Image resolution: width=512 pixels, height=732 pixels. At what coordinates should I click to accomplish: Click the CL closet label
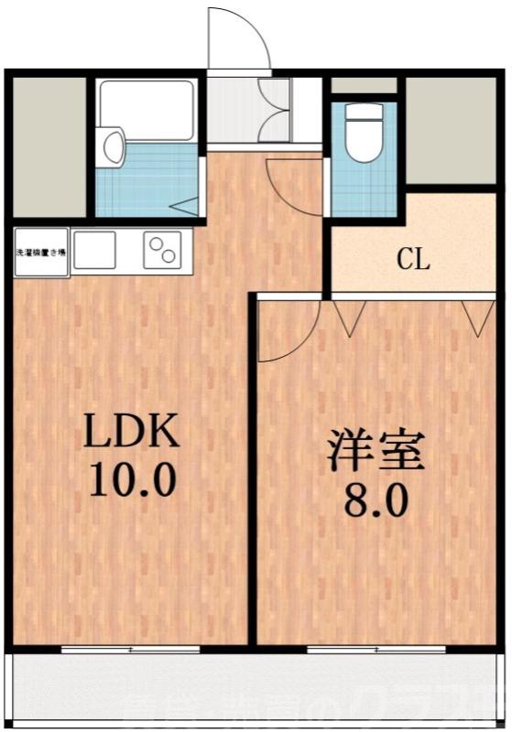pyautogui.click(x=413, y=261)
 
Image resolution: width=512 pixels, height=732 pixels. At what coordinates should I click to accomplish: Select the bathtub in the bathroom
pyautogui.click(x=147, y=108)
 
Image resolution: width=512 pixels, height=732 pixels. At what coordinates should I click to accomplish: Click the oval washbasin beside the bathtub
pyautogui.click(x=113, y=146)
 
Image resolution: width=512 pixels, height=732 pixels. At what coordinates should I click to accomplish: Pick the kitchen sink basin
pyautogui.click(x=94, y=248)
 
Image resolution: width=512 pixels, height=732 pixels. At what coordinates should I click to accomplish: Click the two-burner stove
pyautogui.click(x=163, y=248)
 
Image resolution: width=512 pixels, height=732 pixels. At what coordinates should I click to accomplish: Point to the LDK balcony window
pyautogui.click(x=130, y=649)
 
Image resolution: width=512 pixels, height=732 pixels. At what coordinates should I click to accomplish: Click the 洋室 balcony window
pyautogui.click(x=376, y=649)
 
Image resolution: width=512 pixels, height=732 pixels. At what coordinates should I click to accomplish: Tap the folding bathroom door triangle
pyautogui.click(x=185, y=207)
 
